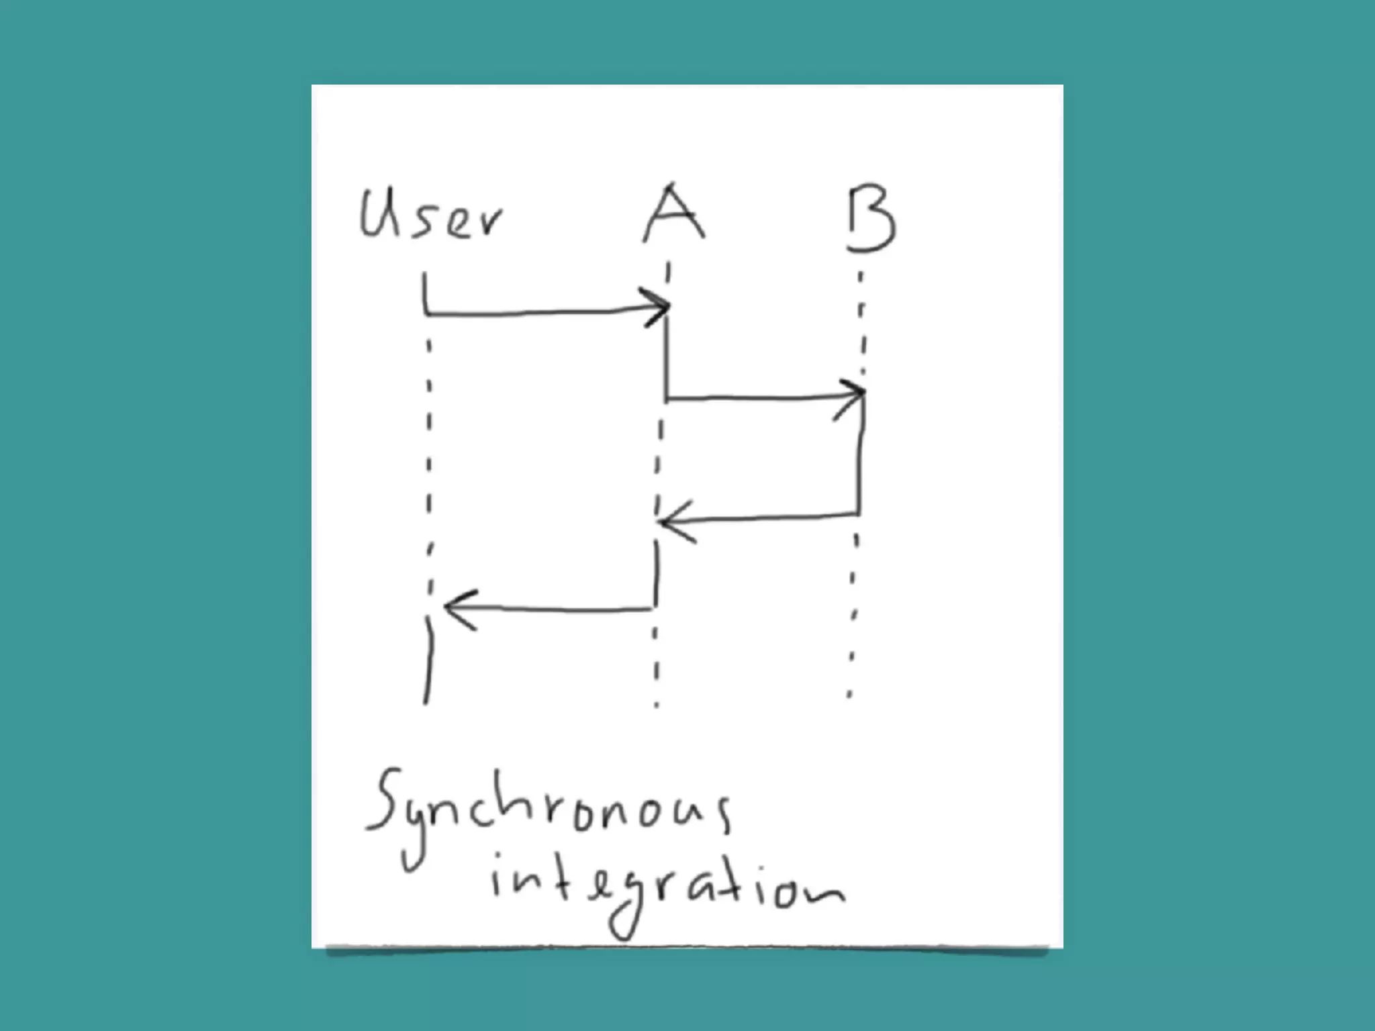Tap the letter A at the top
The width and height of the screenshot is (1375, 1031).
tap(673, 213)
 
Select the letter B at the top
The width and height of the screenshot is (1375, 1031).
tap(871, 219)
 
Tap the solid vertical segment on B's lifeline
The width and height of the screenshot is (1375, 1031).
tap(861, 456)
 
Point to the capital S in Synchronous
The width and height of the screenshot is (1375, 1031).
tap(386, 802)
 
